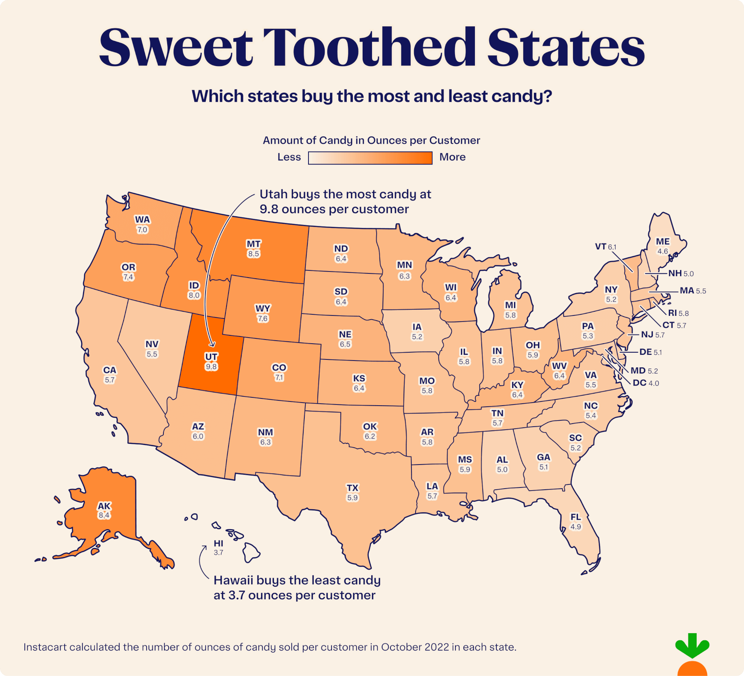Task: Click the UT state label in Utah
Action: pyautogui.click(x=211, y=356)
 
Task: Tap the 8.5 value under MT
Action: pyautogui.click(x=254, y=254)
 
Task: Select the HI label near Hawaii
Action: pyautogui.click(x=218, y=543)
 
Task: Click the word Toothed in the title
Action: pyautogui.click(x=369, y=48)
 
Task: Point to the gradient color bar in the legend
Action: pyautogui.click(x=370, y=158)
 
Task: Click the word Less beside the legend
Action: pyautogui.click(x=289, y=157)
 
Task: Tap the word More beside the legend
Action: pyautogui.click(x=452, y=157)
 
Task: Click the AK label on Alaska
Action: pyautogui.click(x=104, y=506)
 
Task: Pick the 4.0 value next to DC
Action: pyautogui.click(x=654, y=383)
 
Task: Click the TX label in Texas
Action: pyautogui.click(x=352, y=488)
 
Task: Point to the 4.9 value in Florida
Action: pyautogui.click(x=576, y=527)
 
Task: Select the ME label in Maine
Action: pyautogui.click(x=662, y=241)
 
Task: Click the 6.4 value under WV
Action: pyautogui.click(x=559, y=376)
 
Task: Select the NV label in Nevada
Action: pyautogui.click(x=152, y=344)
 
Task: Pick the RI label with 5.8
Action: pyautogui.click(x=672, y=313)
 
